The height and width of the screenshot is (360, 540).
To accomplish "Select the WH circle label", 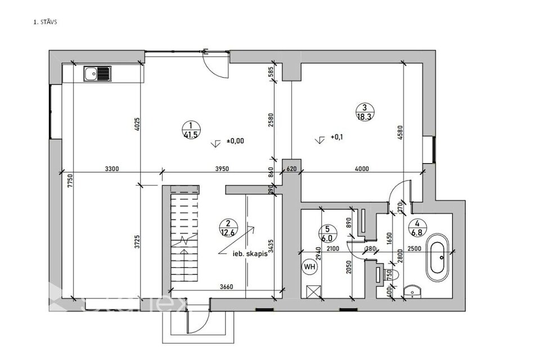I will [309, 266].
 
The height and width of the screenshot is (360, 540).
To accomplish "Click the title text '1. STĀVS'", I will [46, 23].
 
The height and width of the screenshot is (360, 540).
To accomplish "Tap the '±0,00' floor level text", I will [235, 141].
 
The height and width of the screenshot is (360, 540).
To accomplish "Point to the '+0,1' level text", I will [336, 137].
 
